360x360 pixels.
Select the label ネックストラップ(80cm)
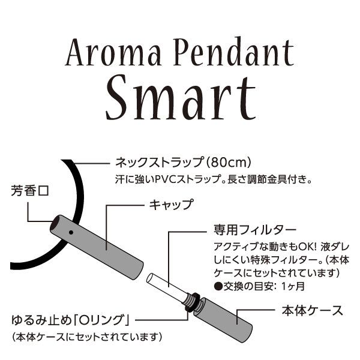coord(182,163)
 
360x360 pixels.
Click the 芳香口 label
coord(29,193)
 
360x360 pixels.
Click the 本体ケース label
coord(312,311)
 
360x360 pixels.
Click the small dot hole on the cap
coord(71,232)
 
